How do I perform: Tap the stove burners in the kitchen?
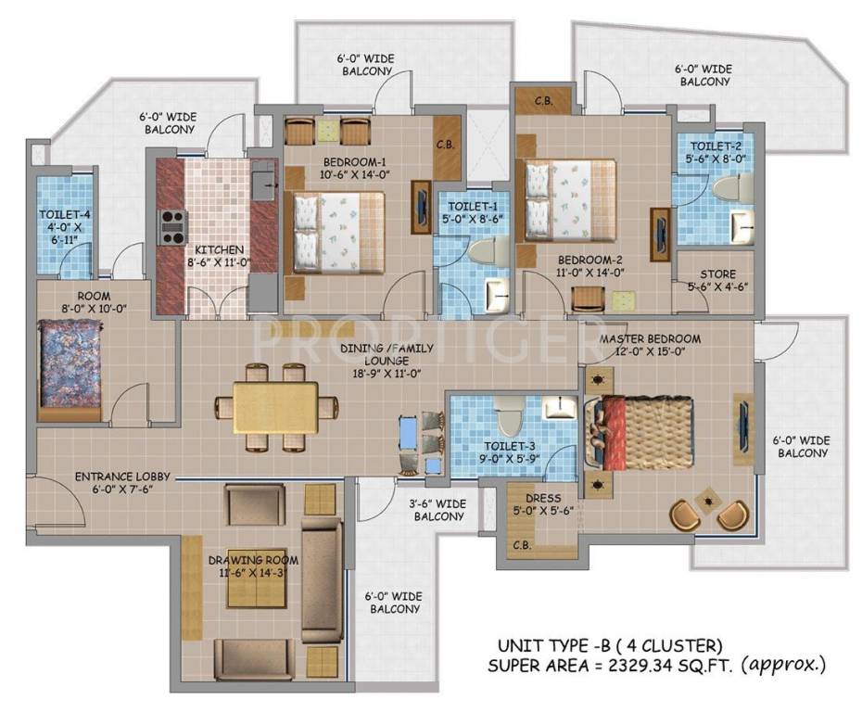coord(173,226)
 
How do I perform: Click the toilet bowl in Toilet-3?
coord(506,419)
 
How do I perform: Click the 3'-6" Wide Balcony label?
coord(437,510)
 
